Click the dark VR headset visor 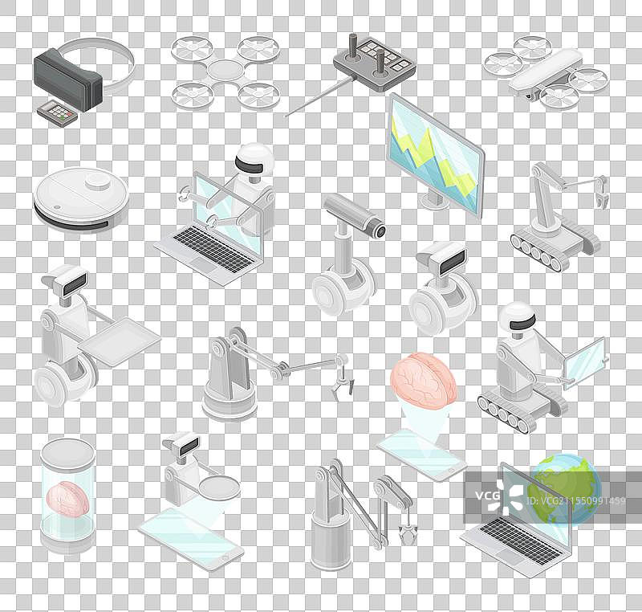pos(67,80)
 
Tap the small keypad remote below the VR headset pos(57,112)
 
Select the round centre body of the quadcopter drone pos(225,70)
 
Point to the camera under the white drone pos(528,96)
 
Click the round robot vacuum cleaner pos(81,198)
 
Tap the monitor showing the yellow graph pos(436,153)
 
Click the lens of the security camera pos(380,231)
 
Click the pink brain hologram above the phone pos(423,381)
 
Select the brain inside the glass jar pos(68,498)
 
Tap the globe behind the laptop pos(565,489)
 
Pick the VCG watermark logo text pos(488,496)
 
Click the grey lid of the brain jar pos(68,453)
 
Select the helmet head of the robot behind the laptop pos(254,158)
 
